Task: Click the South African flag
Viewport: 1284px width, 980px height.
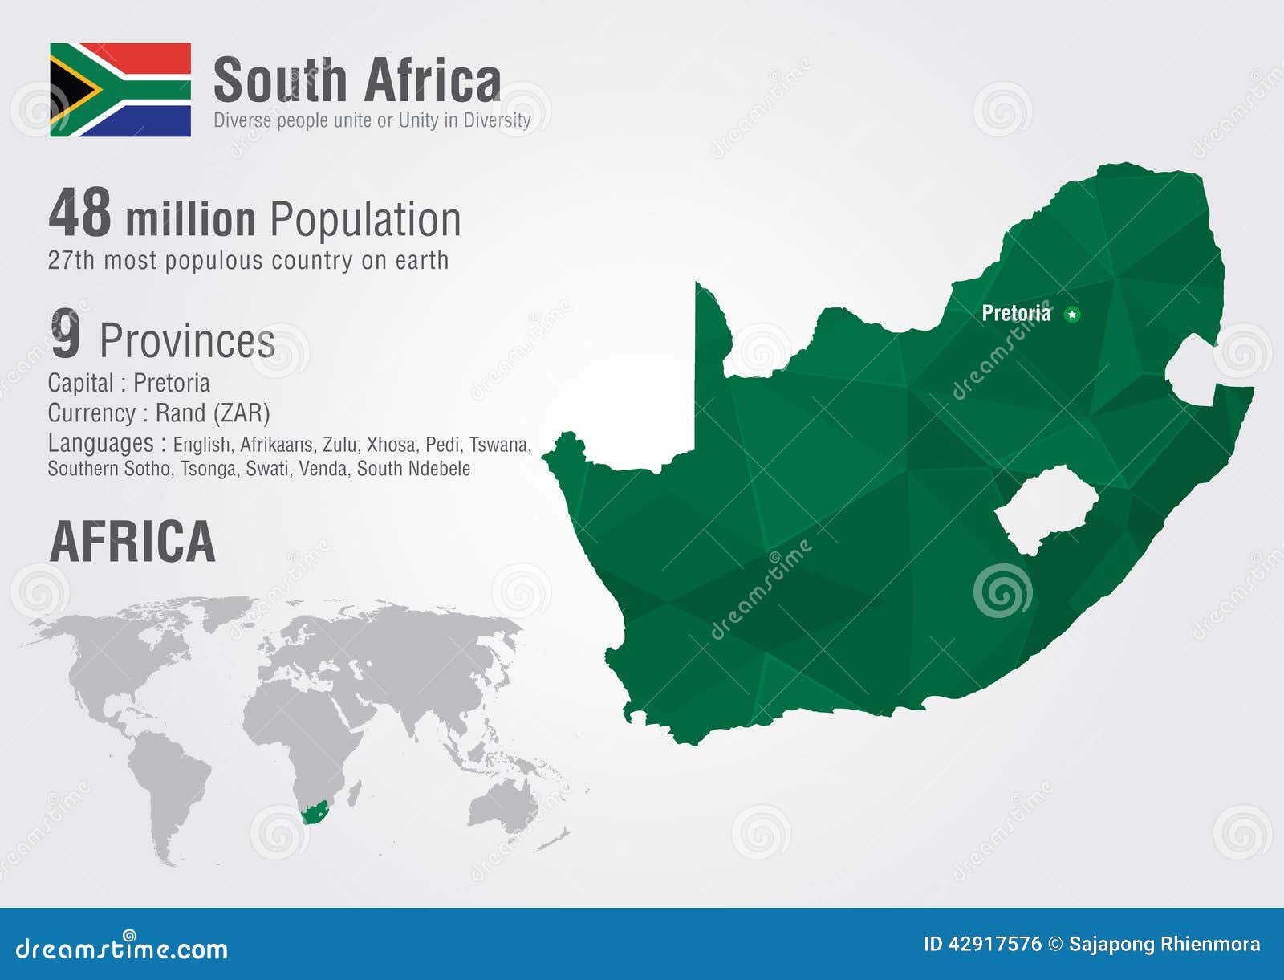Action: pyautogui.click(x=120, y=89)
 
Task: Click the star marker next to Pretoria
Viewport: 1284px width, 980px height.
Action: pyautogui.click(x=1071, y=314)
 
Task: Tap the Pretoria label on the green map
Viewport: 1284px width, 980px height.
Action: pyautogui.click(x=1016, y=313)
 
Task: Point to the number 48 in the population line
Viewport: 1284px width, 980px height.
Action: pyautogui.click(x=79, y=213)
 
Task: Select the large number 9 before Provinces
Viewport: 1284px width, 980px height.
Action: pyautogui.click(x=66, y=335)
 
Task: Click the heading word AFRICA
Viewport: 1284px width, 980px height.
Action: pyautogui.click(x=133, y=542)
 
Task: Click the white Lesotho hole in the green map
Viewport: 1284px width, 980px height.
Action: pyautogui.click(x=1046, y=508)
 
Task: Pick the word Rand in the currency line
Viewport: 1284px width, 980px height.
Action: pyautogui.click(x=181, y=413)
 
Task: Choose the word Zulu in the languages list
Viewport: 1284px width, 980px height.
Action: pyautogui.click(x=341, y=445)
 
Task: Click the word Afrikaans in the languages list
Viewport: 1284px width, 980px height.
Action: pyautogui.click(x=277, y=445)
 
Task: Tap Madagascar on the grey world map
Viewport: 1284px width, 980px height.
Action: pyautogui.click(x=354, y=794)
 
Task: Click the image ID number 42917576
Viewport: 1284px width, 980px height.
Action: pyautogui.click(x=995, y=944)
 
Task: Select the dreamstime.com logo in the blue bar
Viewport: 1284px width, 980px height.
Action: pyautogui.click(x=122, y=948)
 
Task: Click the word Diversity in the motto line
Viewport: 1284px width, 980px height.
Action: pyautogui.click(x=497, y=120)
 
